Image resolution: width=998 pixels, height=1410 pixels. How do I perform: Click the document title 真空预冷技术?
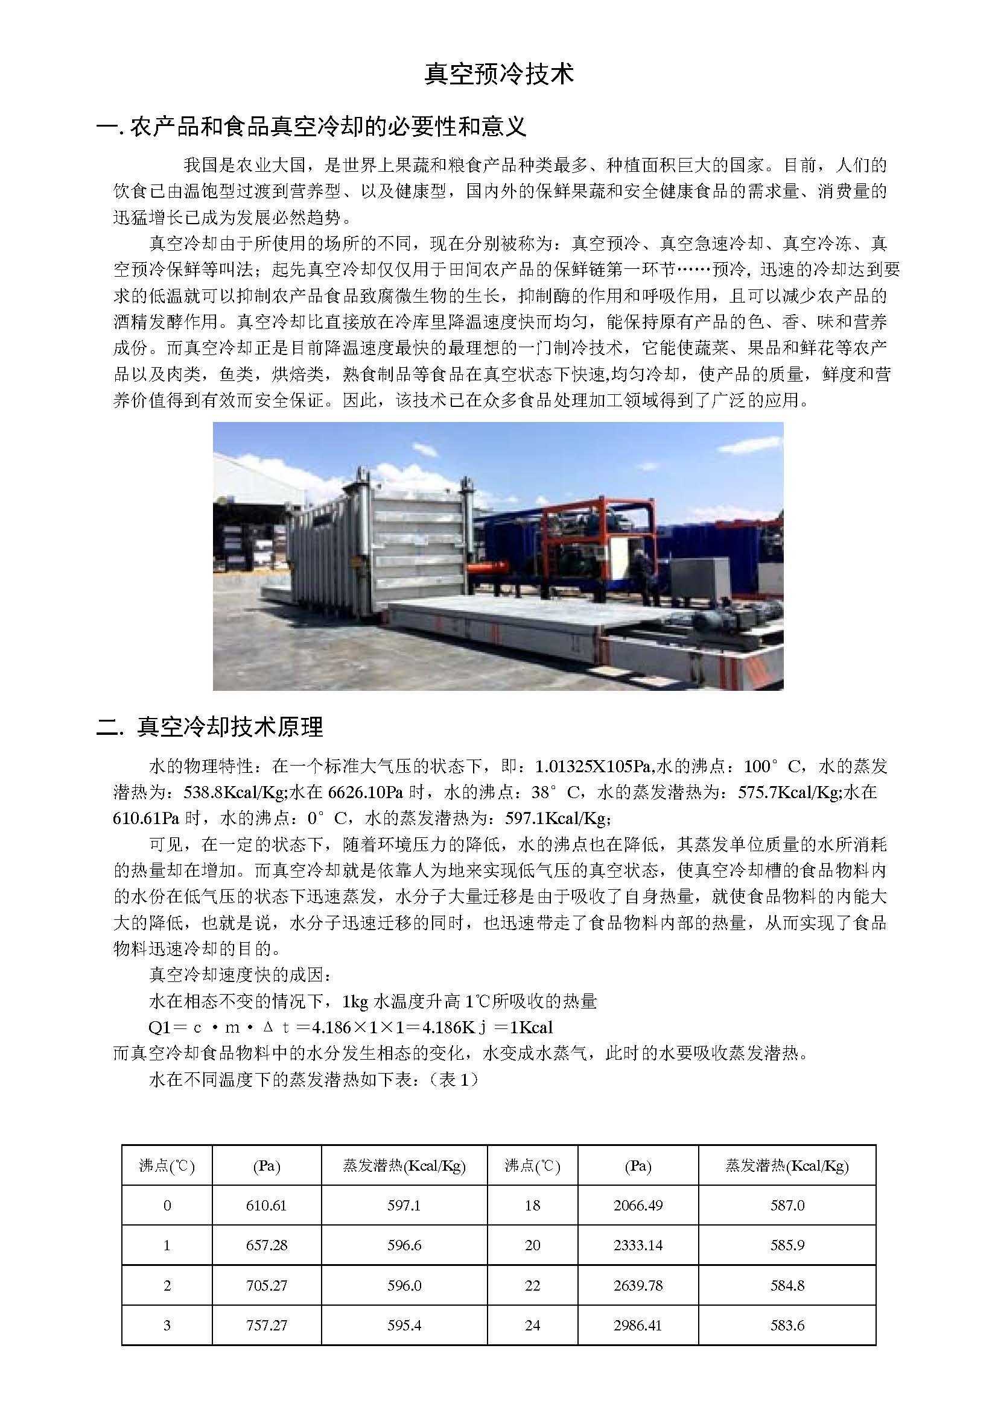tap(499, 74)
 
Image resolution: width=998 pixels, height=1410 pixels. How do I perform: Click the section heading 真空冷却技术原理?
tap(230, 727)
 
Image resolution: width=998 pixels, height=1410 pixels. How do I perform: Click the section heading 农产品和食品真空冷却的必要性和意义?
tap(328, 127)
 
